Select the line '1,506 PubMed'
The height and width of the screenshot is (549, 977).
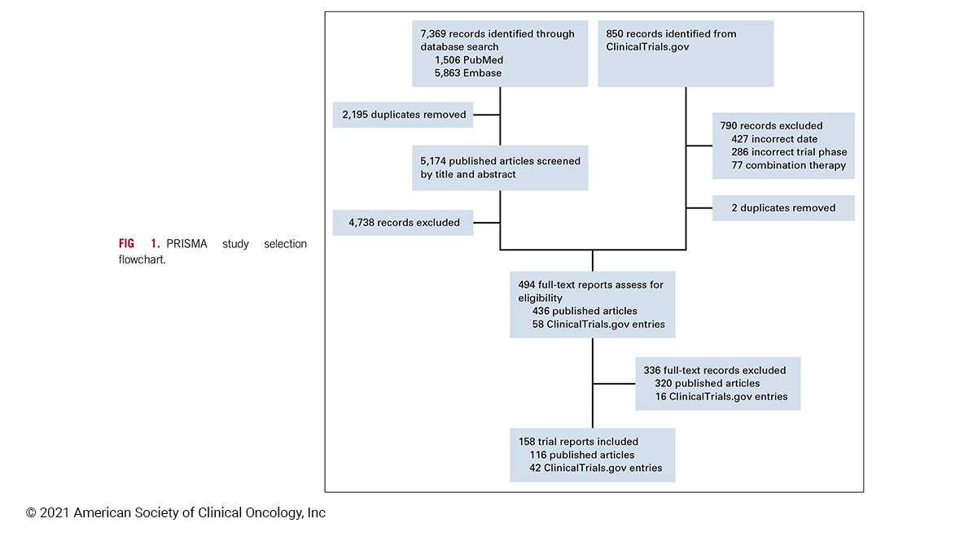click(x=468, y=60)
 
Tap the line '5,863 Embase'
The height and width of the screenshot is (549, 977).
click(x=468, y=73)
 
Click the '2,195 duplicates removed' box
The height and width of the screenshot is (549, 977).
click(x=402, y=115)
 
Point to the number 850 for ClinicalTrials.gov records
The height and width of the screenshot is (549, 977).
click(x=616, y=34)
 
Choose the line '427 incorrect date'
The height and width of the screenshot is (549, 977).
click(x=773, y=139)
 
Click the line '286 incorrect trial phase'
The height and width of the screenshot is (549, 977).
click(x=788, y=152)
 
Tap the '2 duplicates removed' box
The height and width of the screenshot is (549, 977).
click(x=783, y=208)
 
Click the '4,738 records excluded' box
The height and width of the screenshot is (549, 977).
click(x=402, y=222)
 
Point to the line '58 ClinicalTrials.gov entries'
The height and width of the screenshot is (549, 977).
click(x=598, y=325)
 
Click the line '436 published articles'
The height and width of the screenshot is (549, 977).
click(x=584, y=312)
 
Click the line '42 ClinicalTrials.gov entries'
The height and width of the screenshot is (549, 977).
click(x=595, y=468)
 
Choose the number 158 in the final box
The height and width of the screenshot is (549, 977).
click(x=527, y=442)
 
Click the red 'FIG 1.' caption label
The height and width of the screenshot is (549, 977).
click(x=138, y=244)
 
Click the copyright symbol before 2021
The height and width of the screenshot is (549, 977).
click(x=31, y=513)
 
